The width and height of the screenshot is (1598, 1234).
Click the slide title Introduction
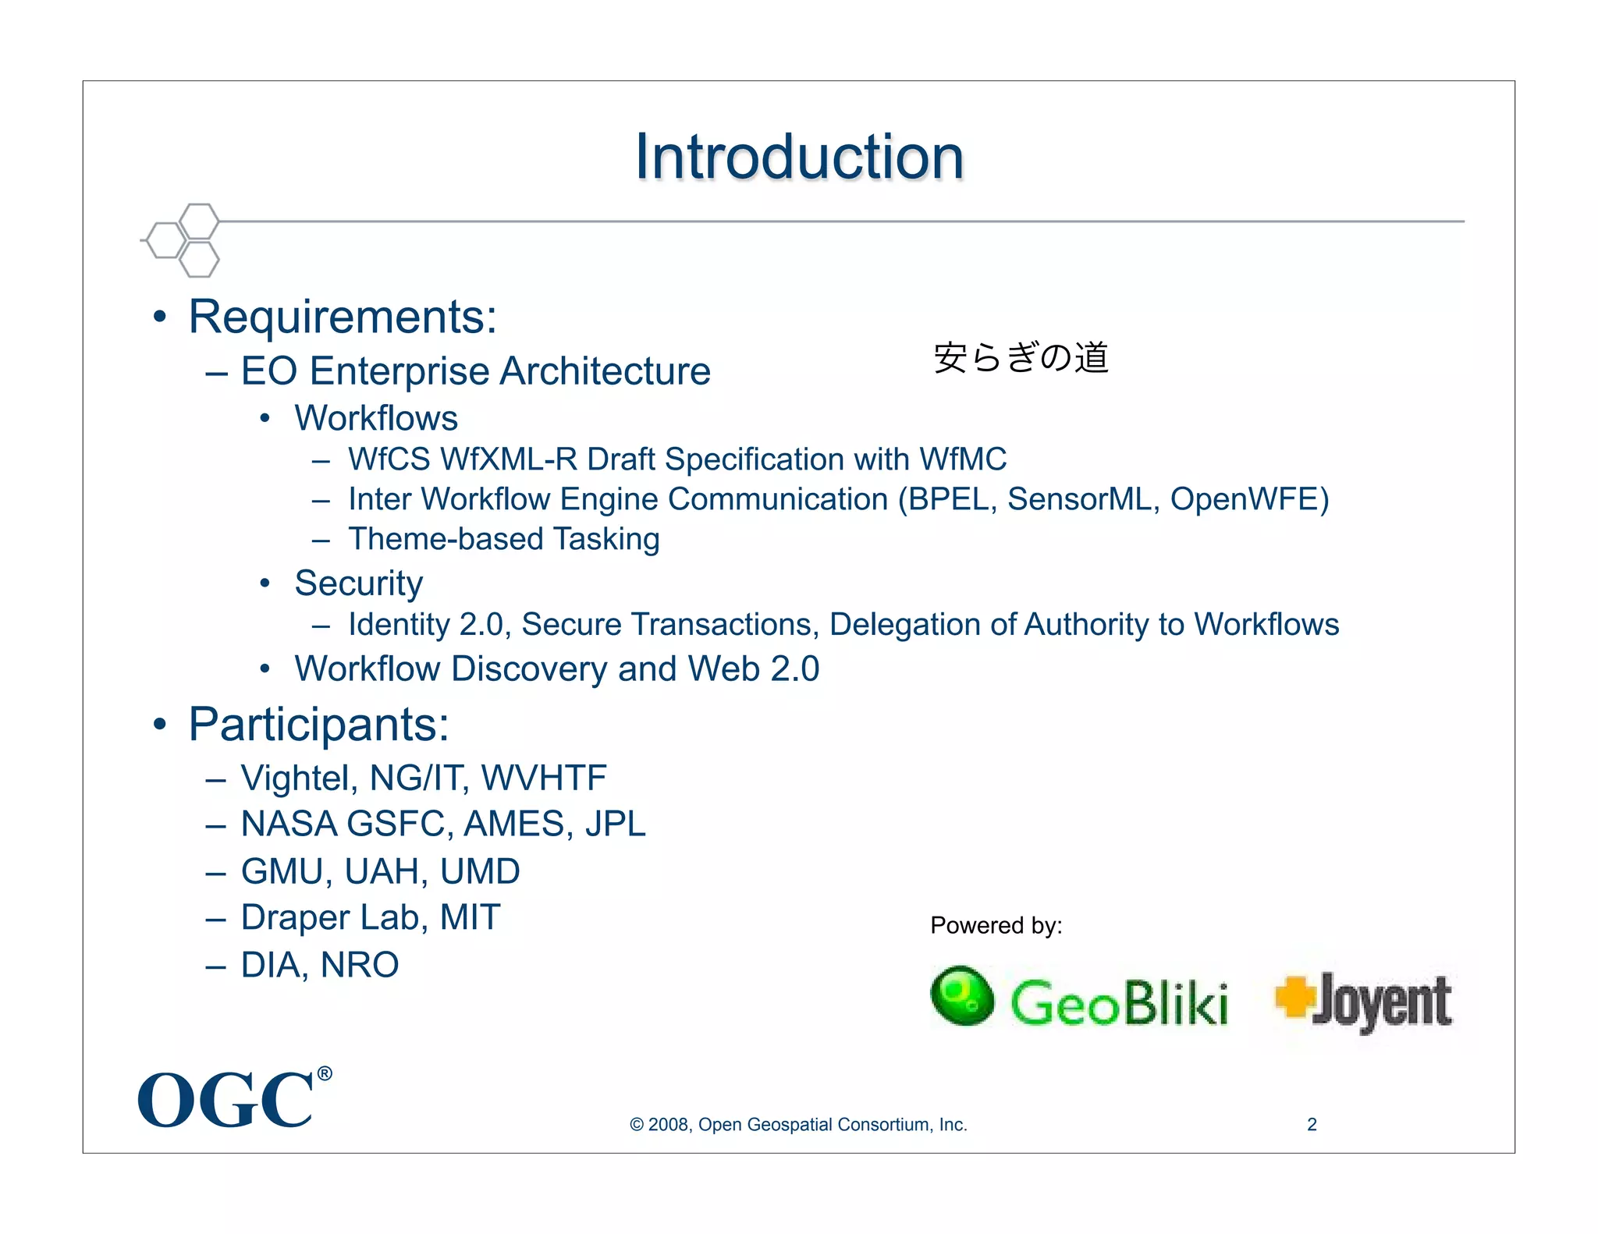[799, 157]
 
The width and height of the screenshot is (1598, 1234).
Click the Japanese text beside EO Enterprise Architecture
[1021, 358]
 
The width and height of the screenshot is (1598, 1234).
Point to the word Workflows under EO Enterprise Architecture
[375, 418]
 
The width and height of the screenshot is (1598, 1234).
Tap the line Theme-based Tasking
[503, 539]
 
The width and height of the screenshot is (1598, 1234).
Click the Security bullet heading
[358, 583]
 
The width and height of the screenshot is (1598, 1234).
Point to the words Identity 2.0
[421, 625]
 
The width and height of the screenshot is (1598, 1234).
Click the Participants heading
[318, 725]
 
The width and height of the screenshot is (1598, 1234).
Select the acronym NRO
[359, 965]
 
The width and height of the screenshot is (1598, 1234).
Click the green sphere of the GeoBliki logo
[962, 995]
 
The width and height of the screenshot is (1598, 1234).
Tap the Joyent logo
[1364, 1002]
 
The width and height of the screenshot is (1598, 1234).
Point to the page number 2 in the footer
[1312, 1125]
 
